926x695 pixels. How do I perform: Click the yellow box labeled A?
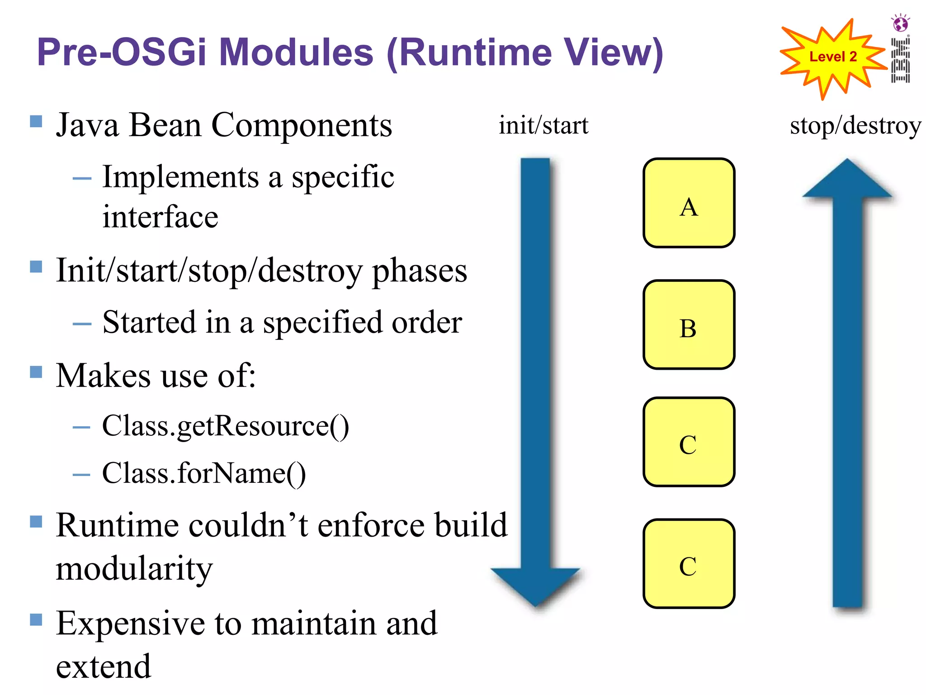(689, 203)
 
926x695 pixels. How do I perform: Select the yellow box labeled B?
(689, 324)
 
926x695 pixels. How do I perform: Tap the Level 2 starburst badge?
(832, 57)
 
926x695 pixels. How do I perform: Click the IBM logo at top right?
(900, 60)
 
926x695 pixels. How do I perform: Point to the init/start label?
(543, 125)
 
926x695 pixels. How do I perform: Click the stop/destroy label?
(855, 126)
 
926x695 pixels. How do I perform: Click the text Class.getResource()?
(225, 426)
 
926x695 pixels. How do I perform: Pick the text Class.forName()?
(204, 474)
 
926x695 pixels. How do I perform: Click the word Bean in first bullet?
(165, 125)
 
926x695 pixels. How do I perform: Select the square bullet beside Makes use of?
(36, 372)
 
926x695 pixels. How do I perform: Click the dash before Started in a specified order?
(82, 324)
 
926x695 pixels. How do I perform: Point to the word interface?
(160, 217)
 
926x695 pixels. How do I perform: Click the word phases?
(419, 271)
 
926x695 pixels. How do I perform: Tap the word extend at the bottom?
(103, 667)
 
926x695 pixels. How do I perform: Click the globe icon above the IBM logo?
(900, 23)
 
